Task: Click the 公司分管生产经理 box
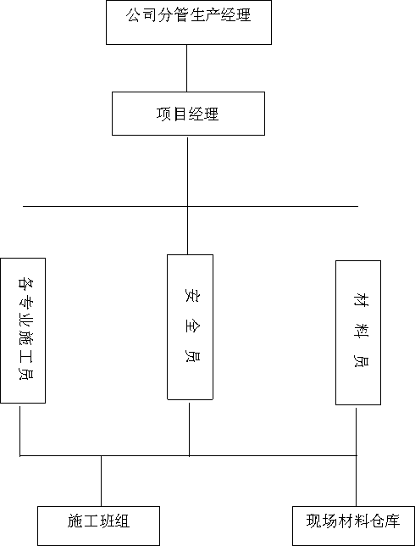(189, 22)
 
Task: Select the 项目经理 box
(188, 114)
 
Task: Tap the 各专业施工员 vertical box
(23, 331)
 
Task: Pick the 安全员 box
(190, 327)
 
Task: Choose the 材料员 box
(358, 332)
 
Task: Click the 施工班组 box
(98, 526)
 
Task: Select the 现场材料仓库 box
(353, 526)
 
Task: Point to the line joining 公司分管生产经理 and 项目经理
(187, 68)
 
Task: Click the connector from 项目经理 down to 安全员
(187, 196)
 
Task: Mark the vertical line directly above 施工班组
(102, 481)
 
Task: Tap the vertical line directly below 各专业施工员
(19, 431)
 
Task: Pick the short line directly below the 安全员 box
(189, 429)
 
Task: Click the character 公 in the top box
(132, 15)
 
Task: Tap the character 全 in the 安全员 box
(191, 326)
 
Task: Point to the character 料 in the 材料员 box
(361, 330)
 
